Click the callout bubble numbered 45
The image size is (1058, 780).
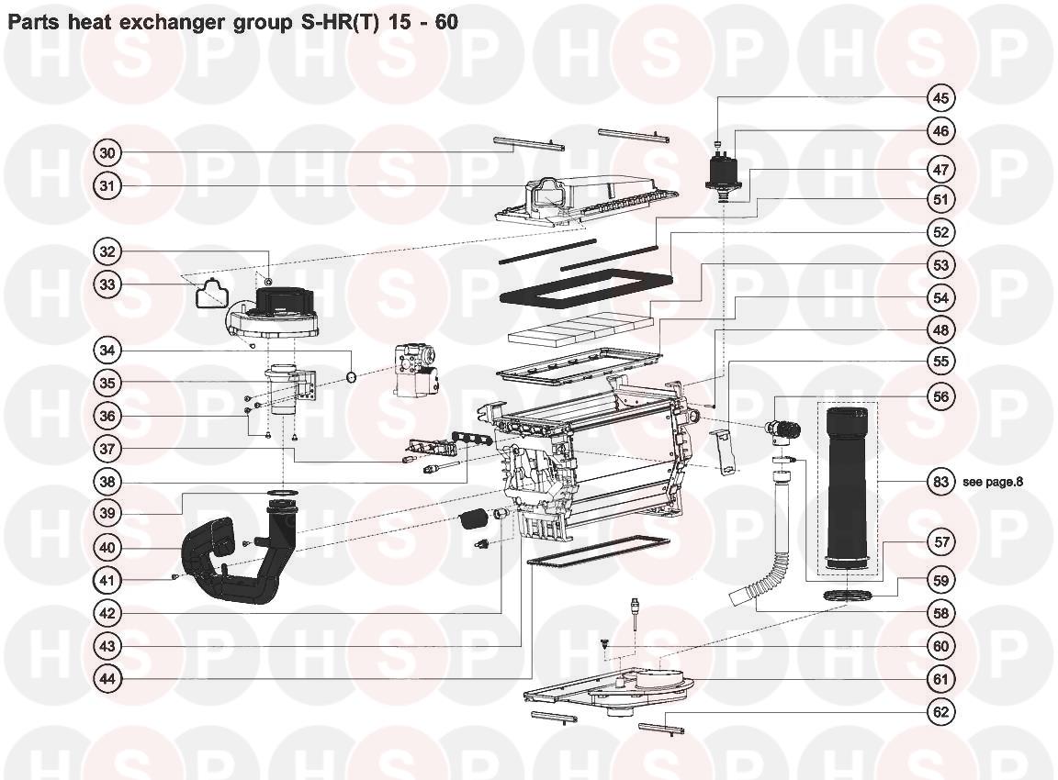click(x=940, y=98)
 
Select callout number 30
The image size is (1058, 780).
click(x=108, y=153)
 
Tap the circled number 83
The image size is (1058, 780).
click(x=940, y=482)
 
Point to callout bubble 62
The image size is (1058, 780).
click(x=940, y=712)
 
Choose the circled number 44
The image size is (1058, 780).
click(x=108, y=679)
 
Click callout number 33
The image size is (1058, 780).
click(x=108, y=284)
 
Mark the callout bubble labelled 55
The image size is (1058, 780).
click(x=940, y=362)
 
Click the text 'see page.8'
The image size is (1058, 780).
click(x=993, y=482)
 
